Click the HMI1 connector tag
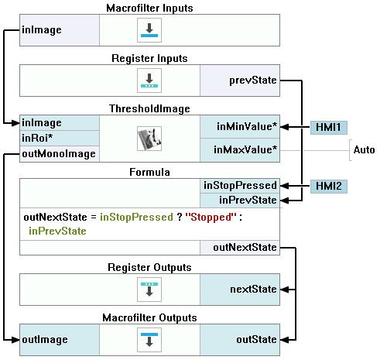pos(328,127)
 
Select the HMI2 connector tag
pos(328,186)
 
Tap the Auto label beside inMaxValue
pos(364,149)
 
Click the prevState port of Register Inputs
pos(240,81)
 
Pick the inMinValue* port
pos(240,127)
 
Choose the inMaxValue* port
pos(240,150)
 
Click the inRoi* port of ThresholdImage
pos(60,138)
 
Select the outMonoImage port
pos(60,154)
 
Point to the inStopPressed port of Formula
pos(240,186)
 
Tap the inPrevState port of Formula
pos(240,200)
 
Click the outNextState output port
pos(240,248)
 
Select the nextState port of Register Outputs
pos(240,290)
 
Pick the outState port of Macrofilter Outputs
pos(240,340)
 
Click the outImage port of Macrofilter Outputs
pos(60,340)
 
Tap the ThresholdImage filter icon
pos(149,139)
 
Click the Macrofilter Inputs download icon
pos(149,30)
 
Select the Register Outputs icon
pos(149,290)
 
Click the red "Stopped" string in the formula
pos(211,217)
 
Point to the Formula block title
pos(149,172)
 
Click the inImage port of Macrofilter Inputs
pos(60,30)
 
